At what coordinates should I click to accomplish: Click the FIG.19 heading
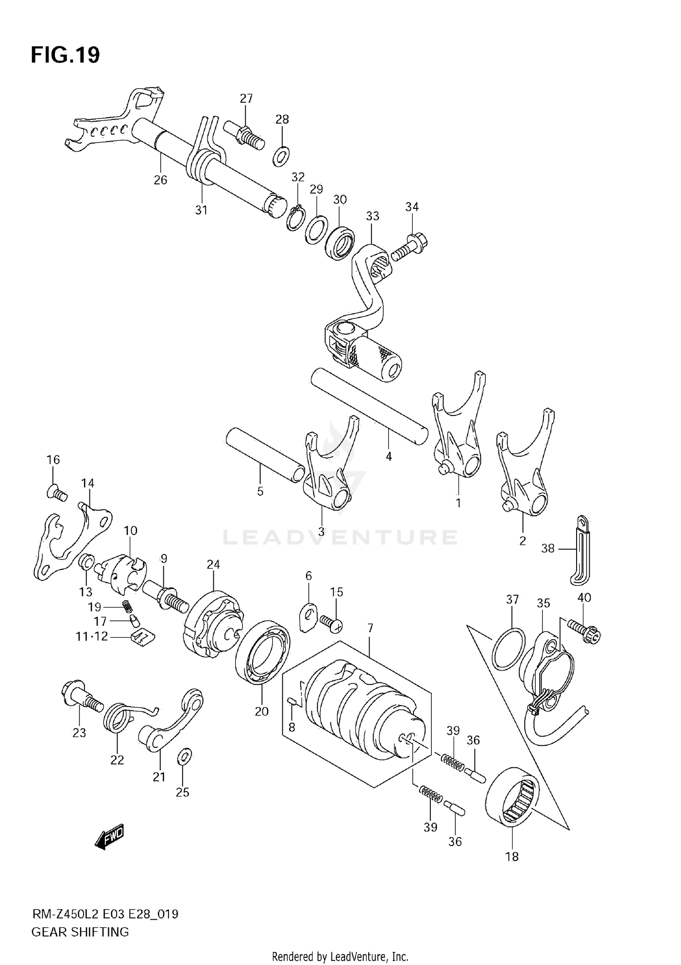coord(65,55)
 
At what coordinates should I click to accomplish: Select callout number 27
coord(246,99)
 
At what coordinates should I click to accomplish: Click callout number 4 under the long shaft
coord(389,456)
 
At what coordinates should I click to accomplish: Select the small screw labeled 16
coord(57,492)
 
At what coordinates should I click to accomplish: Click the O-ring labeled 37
coord(508,648)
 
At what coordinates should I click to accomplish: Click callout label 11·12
coord(92,637)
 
